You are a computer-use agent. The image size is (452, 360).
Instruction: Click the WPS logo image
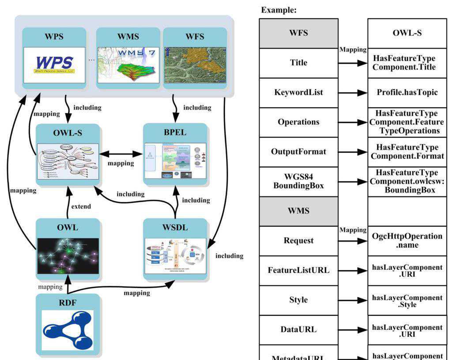click(x=54, y=65)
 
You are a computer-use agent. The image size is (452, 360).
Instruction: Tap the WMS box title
click(x=128, y=37)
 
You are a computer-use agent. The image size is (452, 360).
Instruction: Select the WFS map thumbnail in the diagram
click(x=195, y=64)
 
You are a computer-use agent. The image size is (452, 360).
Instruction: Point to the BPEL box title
click(x=175, y=133)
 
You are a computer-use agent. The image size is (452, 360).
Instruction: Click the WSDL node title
click(x=175, y=227)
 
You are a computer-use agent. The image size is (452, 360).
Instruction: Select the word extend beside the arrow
click(x=81, y=206)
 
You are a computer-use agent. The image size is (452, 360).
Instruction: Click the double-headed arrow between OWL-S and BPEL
click(x=121, y=155)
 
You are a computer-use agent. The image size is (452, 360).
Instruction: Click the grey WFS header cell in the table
click(x=298, y=33)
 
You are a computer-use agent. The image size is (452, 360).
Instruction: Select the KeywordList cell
click(x=298, y=92)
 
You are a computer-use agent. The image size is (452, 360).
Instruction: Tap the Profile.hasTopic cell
click(x=407, y=92)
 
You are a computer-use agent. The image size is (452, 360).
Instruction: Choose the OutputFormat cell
click(x=298, y=152)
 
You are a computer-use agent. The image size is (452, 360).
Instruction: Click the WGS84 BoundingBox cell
click(x=298, y=182)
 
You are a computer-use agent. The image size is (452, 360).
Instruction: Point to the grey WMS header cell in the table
click(x=298, y=211)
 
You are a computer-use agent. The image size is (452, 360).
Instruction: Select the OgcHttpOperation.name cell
click(x=407, y=241)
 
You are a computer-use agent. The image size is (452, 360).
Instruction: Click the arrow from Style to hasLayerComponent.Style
click(x=353, y=300)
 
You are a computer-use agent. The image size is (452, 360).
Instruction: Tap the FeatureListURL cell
click(x=298, y=270)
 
